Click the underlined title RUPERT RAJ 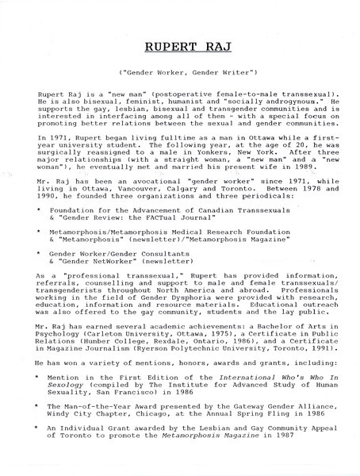[180, 47]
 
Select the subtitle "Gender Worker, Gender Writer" [180, 74]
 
